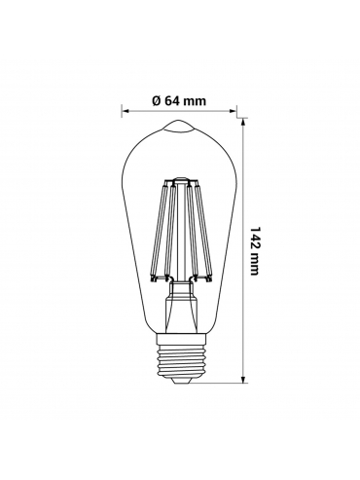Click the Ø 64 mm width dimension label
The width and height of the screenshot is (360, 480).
pyautogui.click(x=179, y=101)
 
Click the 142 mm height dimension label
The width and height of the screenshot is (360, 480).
pyautogui.click(x=255, y=250)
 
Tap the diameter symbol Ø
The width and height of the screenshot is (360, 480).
pyautogui.click(x=157, y=101)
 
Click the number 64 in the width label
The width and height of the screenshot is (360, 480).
pyautogui.click(x=172, y=101)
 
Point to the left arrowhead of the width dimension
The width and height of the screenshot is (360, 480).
pyautogui.click(x=126, y=111)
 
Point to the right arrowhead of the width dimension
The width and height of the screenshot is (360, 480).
pyautogui.click(x=233, y=111)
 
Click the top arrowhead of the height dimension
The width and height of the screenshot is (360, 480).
pyautogui.click(x=243, y=122)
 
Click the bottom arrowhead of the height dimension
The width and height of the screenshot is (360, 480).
pyautogui.click(x=243, y=380)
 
